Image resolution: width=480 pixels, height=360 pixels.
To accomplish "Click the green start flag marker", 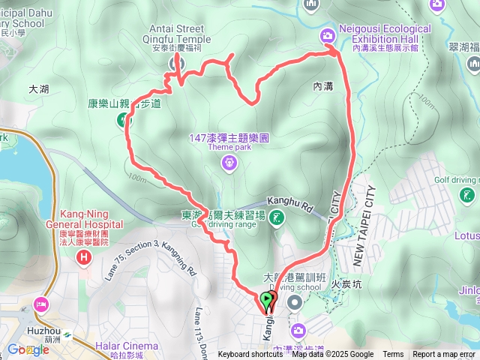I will [267, 301].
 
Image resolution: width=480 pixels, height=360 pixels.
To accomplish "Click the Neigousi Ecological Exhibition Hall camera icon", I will [328, 34].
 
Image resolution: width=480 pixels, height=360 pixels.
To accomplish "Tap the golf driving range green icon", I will [277, 218].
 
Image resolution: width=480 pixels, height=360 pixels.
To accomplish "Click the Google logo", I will [28, 349].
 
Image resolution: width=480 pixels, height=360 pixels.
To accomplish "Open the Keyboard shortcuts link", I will [250, 355].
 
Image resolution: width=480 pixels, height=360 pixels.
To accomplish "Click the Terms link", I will [393, 355].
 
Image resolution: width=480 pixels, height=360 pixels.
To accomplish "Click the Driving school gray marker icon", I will [294, 302].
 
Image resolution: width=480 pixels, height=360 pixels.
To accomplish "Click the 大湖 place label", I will [38, 88].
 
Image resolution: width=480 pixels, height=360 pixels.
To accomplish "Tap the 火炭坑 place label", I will [346, 285].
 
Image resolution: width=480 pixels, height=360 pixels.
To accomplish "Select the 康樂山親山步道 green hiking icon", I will [123, 119].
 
